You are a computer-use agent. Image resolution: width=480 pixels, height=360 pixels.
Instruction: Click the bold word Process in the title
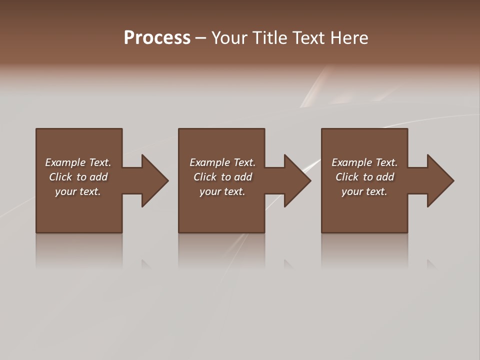[x=157, y=38]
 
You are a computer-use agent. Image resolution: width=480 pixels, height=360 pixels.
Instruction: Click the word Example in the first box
[x=65, y=162]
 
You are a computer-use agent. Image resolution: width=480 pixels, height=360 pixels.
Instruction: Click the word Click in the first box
[x=60, y=177]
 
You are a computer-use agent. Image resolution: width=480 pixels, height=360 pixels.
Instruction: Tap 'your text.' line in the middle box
[x=222, y=191]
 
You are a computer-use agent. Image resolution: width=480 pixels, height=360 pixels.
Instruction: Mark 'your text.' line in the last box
[x=364, y=191]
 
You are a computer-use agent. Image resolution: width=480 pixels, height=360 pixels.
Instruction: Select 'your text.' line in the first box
[x=78, y=191]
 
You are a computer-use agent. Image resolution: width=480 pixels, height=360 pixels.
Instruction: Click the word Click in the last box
[x=347, y=177]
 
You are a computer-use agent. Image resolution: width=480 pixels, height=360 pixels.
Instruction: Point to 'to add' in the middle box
[x=236, y=177]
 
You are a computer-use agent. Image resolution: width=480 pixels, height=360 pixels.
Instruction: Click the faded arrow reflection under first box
[x=146, y=263]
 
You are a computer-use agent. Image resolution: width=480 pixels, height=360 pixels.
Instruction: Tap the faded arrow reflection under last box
[x=431, y=263]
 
